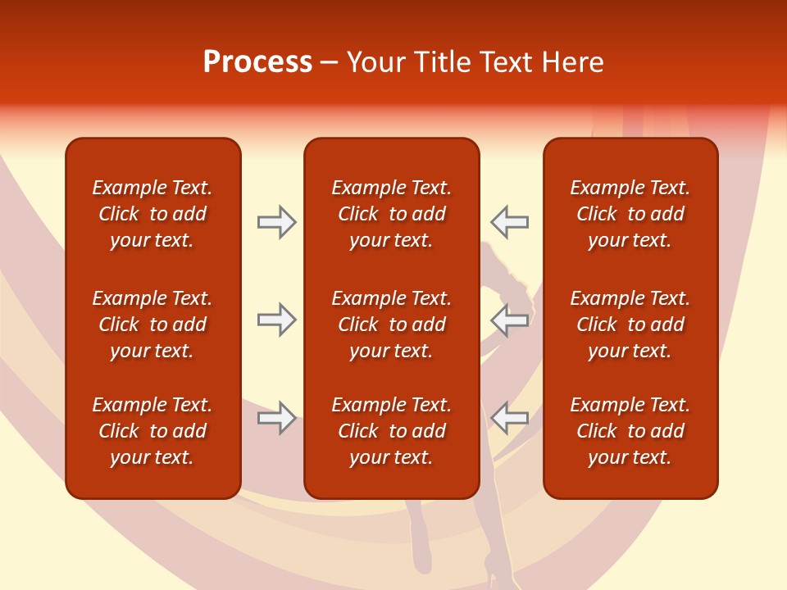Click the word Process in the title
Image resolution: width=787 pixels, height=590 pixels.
(x=257, y=62)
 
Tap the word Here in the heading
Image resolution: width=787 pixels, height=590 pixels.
(x=574, y=62)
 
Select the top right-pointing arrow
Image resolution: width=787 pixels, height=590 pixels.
(x=276, y=221)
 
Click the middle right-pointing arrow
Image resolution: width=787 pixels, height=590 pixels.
(x=276, y=320)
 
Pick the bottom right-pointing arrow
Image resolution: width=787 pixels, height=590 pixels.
(x=276, y=418)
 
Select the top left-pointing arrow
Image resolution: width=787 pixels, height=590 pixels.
(x=510, y=221)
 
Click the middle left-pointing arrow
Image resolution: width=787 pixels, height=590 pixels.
(x=510, y=320)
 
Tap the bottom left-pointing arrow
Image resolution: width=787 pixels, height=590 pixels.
(x=510, y=418)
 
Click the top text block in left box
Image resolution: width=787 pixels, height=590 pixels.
(x=152, y=214)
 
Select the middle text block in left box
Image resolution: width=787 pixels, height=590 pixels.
(x=152, y=324)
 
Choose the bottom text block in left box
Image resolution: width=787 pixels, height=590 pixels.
(x=152, y=431)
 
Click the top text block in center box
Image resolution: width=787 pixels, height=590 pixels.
(x=391, y=214)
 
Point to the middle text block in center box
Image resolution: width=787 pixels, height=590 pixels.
(x=391, y=324)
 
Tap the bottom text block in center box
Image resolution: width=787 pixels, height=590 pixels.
(x=391, y=431)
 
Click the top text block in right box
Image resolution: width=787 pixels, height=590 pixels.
(x=630, y=214)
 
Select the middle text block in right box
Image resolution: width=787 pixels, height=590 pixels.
(x=630, y=324)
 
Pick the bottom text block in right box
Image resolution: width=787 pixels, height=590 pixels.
(x=630, y=431)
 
